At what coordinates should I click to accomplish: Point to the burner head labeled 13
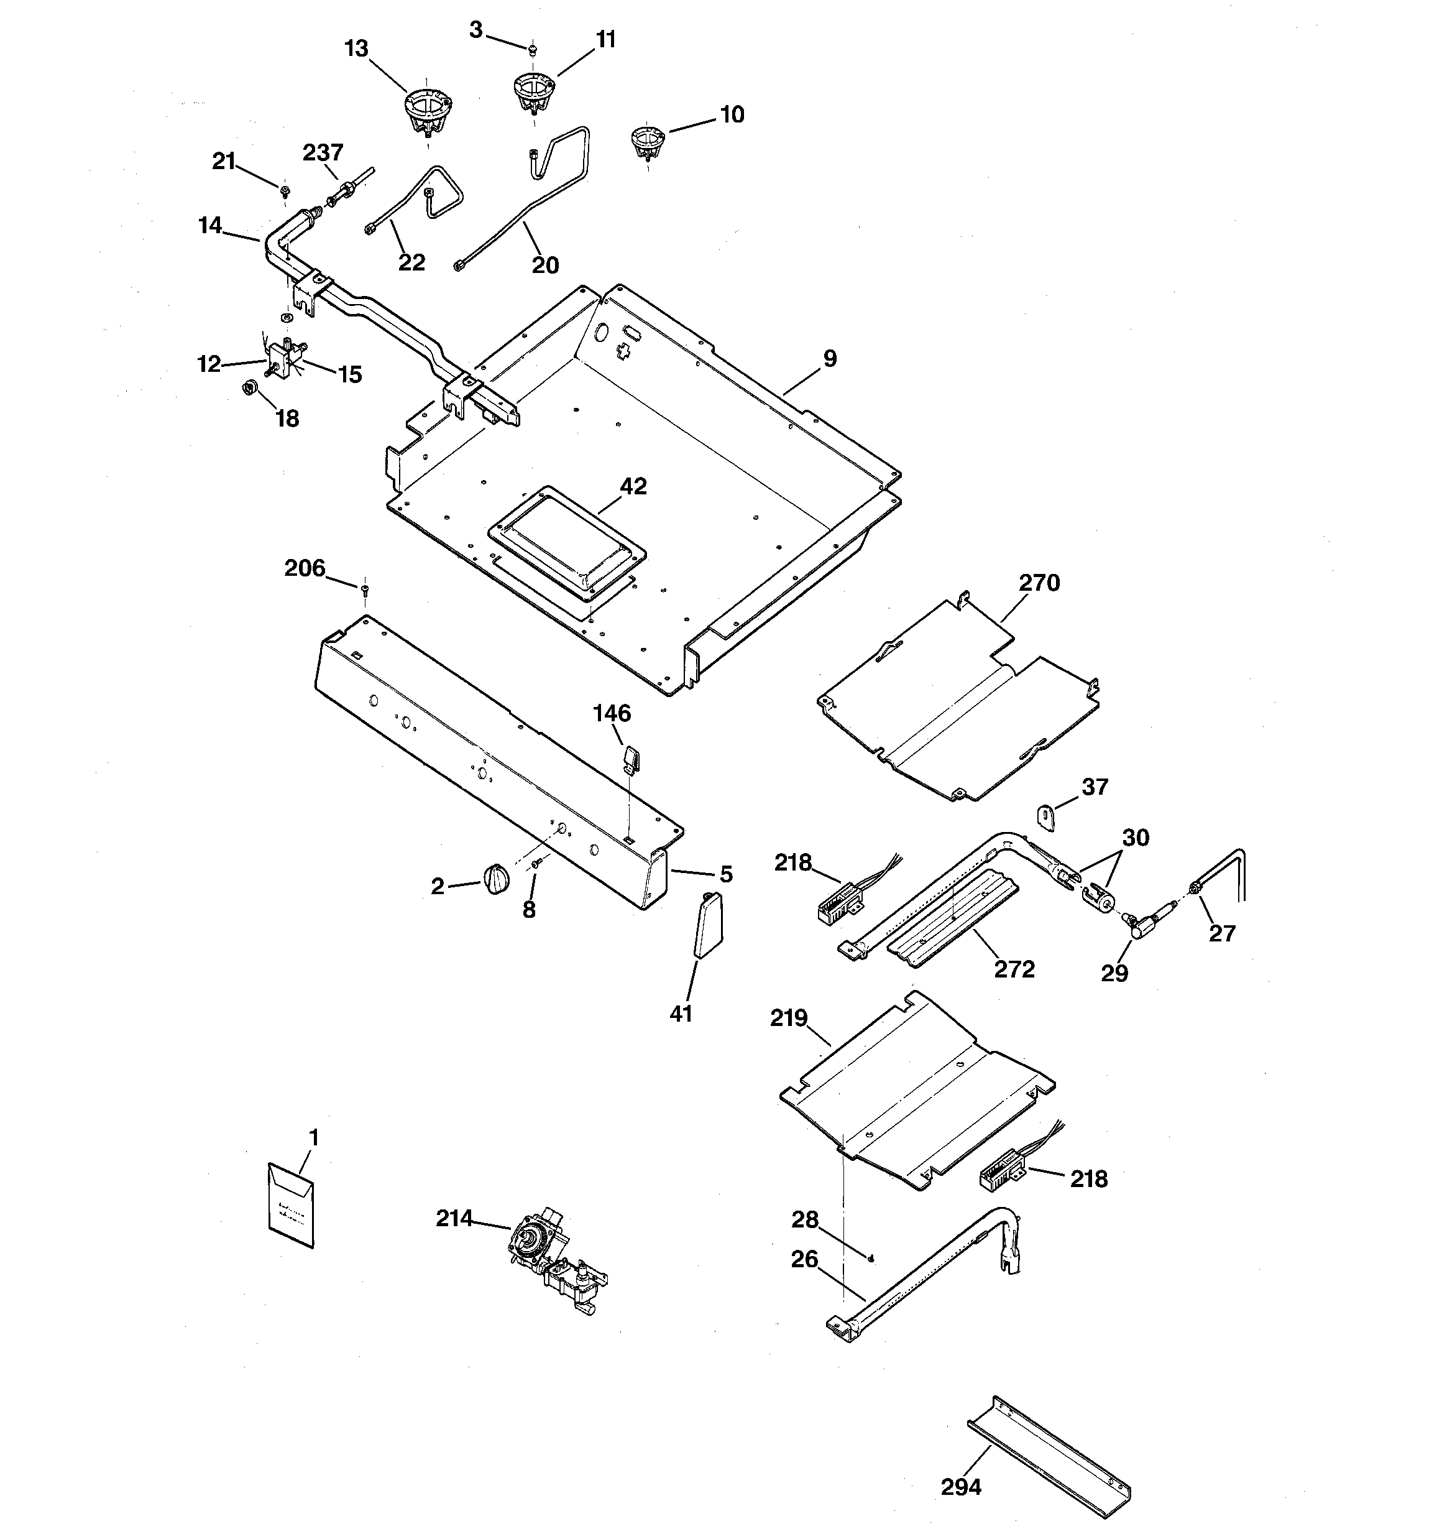click(428, 111)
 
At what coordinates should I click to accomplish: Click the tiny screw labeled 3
click(533, 50)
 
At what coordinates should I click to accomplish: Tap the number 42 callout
click(633, 486)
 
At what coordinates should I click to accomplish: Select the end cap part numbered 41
click(707, 925)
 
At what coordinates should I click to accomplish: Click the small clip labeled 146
click(630, 759)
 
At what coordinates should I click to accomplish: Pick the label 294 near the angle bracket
click(960, 1486)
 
